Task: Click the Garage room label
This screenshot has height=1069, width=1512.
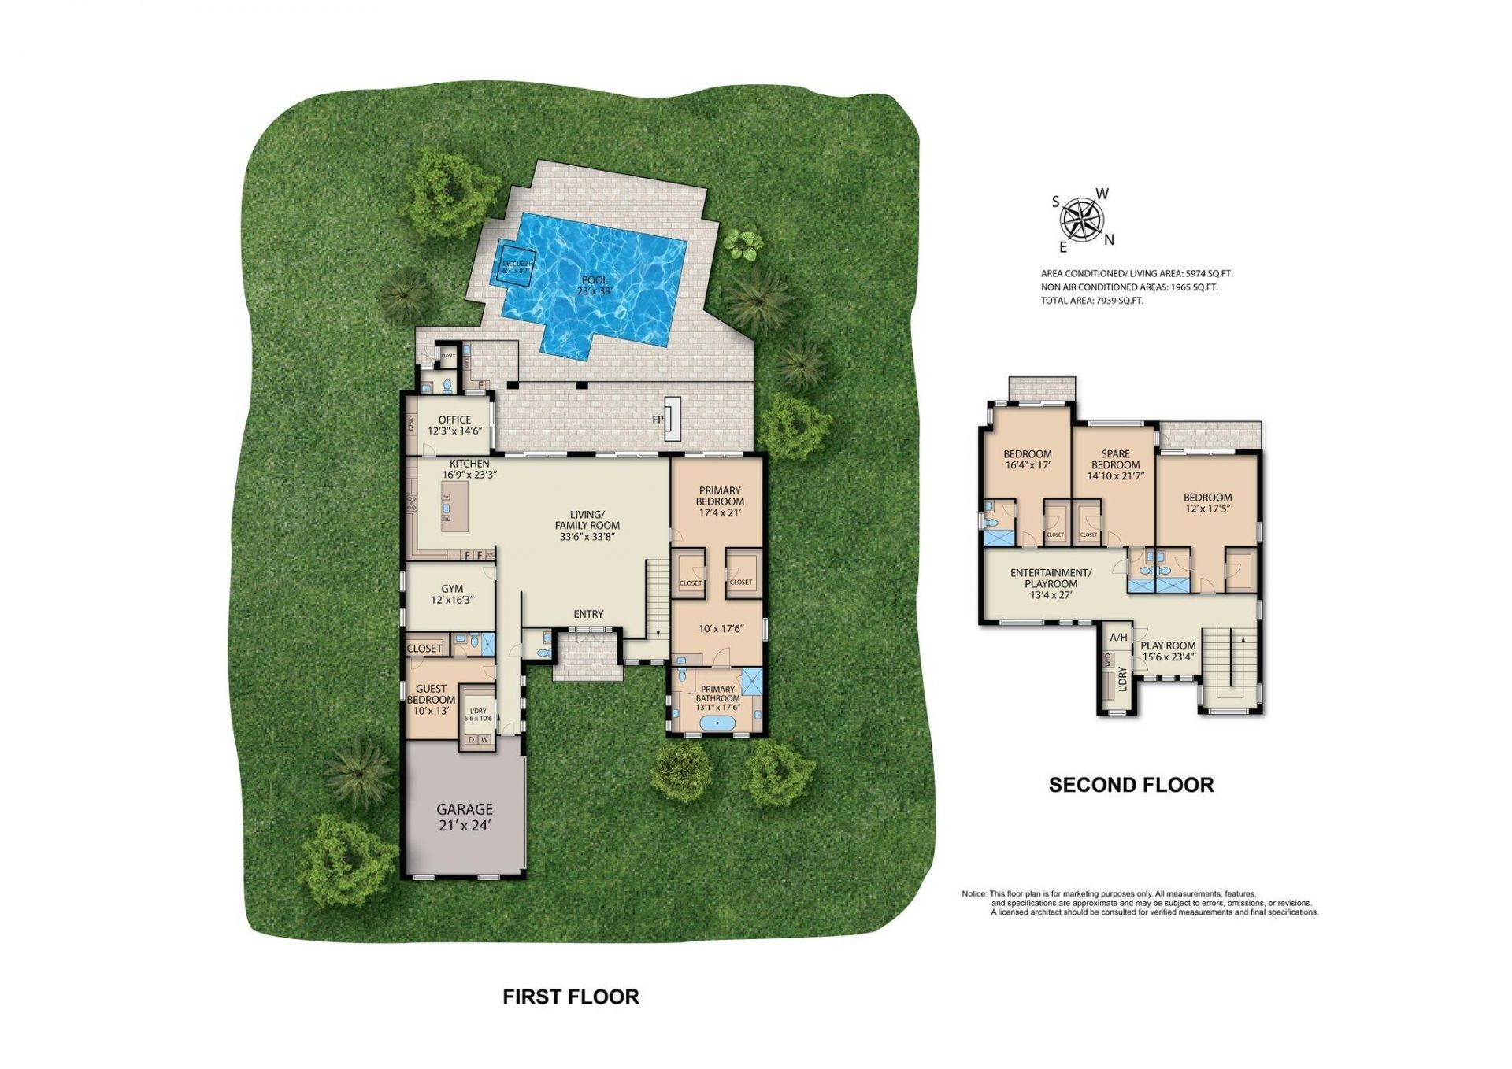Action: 465,816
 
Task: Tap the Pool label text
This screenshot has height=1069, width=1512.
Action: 595,285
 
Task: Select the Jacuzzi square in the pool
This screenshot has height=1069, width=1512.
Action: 517,267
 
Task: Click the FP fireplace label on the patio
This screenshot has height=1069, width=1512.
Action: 658,420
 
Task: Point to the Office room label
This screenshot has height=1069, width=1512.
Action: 454,425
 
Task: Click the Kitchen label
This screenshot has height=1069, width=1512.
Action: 469,469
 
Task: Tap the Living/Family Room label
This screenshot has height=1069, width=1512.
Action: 587,525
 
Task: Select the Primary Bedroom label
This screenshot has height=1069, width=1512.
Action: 719,501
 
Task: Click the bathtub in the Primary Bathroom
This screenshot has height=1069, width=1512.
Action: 717,723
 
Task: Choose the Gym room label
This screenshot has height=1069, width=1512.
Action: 452,594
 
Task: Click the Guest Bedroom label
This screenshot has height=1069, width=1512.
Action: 431,699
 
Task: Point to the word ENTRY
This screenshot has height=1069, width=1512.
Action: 588,614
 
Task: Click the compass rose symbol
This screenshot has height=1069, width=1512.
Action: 1082,220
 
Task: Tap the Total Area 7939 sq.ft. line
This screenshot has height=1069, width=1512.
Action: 1091,301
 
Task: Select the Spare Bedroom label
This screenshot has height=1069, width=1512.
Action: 1115,464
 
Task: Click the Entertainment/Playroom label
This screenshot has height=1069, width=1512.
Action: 1051,583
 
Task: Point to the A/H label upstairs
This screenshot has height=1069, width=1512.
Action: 1118,638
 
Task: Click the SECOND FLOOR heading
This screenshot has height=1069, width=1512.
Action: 1131,785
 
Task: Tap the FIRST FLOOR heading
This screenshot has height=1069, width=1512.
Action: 571,997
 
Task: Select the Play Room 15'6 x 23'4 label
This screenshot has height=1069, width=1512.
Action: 1168,650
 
